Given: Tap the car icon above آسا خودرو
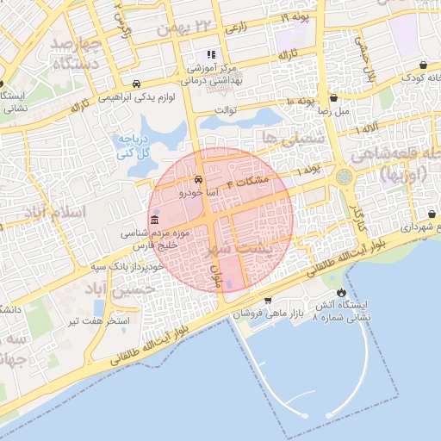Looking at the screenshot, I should (x=199, y=181).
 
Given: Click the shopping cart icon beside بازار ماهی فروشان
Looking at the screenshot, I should (x=269, y=300).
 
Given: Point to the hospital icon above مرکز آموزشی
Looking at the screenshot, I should (x=212, y=55).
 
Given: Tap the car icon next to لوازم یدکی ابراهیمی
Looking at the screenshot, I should (x=137, y=84).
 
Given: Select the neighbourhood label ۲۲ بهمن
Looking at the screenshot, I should (x=203, y=28).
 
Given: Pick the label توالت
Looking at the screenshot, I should (x=225, y=109).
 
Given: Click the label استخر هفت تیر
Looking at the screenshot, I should (x=99, y=322).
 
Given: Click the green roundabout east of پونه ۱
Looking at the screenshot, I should (x=345, y=177).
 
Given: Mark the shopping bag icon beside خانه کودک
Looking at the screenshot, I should (x=425, y=65).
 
